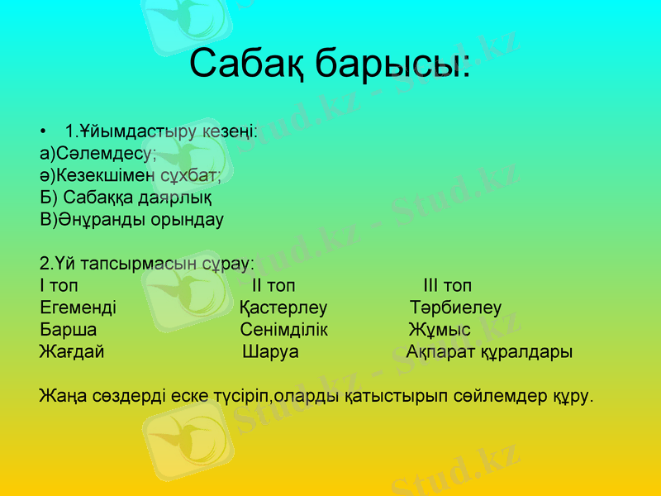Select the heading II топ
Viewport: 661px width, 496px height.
273,287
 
